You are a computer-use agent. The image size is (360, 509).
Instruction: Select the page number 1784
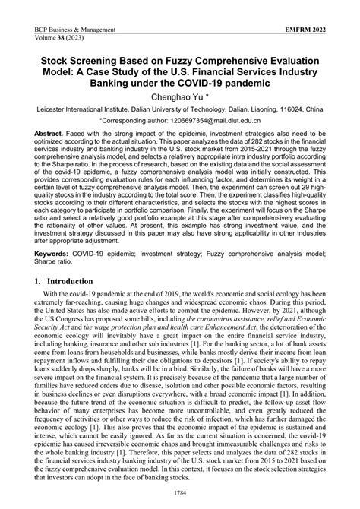pos(180,495)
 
